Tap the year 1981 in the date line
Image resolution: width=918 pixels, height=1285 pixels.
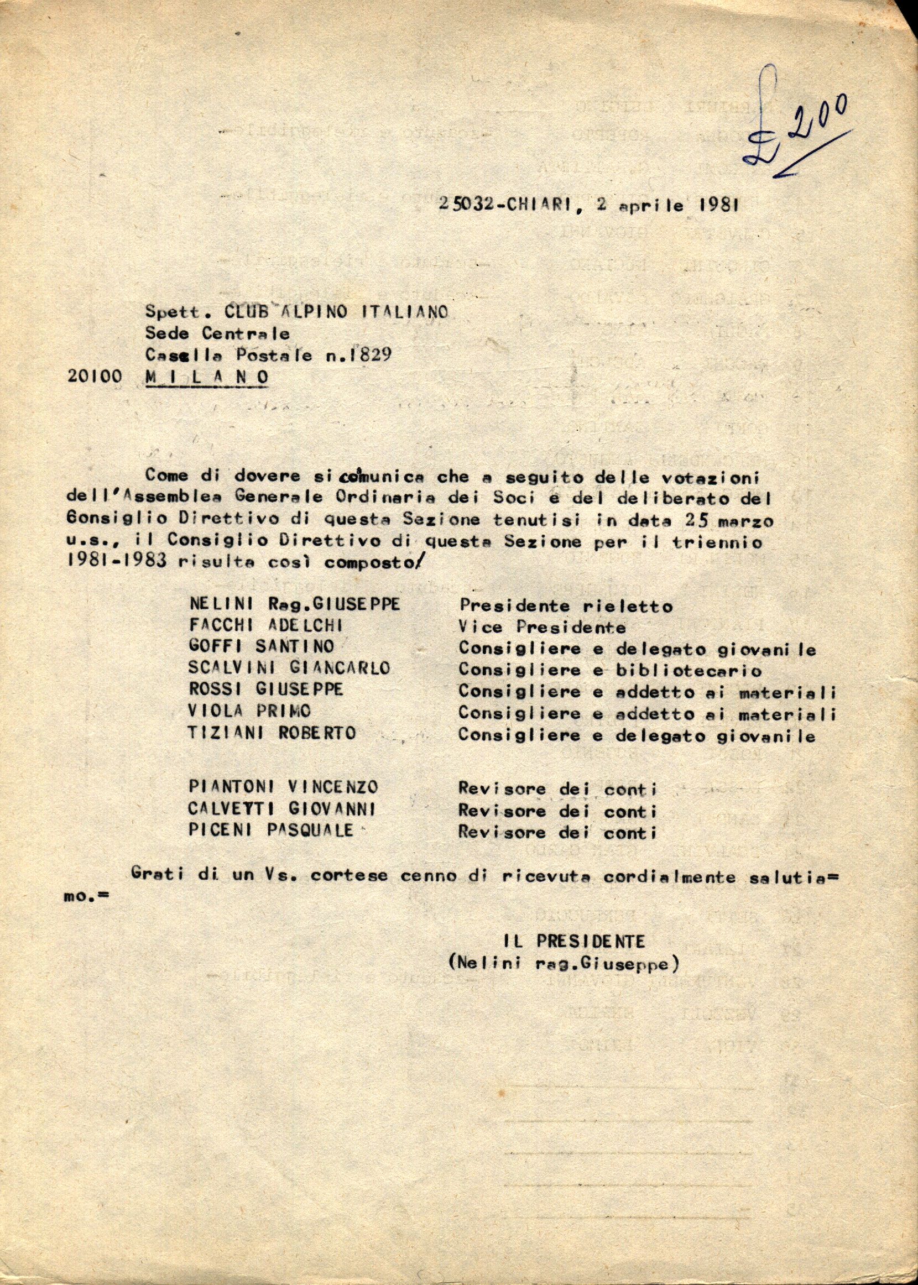click(x=719, y=205)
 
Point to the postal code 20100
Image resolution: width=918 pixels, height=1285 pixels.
click(x=95, y=377)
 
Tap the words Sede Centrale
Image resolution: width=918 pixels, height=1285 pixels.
click(x=218, y=333)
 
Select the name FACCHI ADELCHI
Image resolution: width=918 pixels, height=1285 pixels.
click(x=265, y=626)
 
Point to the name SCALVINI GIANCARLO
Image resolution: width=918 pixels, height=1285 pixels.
click(x=289, y=668)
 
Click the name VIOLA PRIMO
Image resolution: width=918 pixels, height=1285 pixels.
click(x=250, y=712)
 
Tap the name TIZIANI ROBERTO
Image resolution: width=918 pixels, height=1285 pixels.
click(x=273, y=734)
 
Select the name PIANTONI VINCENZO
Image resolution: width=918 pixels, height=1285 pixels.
click(x=283, y=787)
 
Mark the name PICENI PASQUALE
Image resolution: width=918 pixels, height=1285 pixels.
click(x=272, y=830)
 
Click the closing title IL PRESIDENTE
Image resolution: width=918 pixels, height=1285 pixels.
click(x=574, y=942)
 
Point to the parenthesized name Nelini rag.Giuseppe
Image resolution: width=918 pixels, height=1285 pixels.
click(x=564, y=963)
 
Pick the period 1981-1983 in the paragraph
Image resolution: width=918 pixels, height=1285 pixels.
click(x=117, y=563)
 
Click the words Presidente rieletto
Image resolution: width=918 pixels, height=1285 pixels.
click(x=566, y=606)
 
